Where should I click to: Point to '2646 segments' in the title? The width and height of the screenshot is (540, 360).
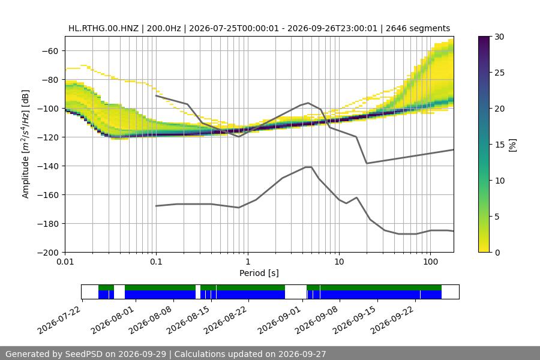(x=418, y=28)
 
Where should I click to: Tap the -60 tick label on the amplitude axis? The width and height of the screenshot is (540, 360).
(x=50, y=51)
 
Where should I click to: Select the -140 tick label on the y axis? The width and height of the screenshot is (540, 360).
(x=49, y=166)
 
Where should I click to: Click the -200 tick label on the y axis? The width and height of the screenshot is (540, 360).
(x=49, y=253)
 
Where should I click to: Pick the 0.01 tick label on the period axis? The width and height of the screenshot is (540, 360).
(x=65, y=262)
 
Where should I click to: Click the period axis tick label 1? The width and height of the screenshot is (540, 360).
(x=248, y=262)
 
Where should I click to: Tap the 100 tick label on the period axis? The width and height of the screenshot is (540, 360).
(x=430, y=262)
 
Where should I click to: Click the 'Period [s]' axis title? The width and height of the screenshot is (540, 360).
(x=259, y=273)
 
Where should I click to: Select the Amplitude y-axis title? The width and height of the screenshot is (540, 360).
(x=26, y=144)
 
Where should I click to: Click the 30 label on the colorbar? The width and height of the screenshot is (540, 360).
(x=499, y=37)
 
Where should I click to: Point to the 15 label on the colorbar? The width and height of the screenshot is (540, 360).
(x=499, y=145)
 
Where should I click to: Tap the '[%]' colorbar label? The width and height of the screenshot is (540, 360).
(x=513, y=145)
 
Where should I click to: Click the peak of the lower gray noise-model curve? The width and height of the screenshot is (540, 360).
(x=308, y=167)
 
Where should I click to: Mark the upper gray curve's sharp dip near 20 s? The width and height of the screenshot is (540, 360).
(x=367, y=163)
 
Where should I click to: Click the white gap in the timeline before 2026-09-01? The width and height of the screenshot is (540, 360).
(x=295, y=292)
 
